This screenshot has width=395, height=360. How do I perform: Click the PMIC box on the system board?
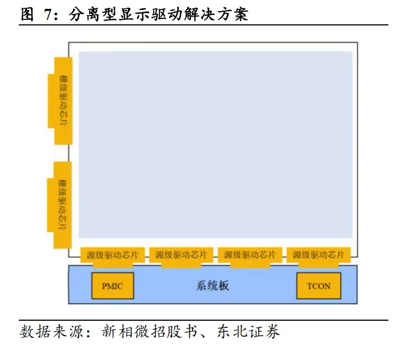[x=112, y=286]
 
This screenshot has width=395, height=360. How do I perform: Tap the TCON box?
[x=318, y=286]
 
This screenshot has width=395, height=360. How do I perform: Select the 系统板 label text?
[x=212, y=286]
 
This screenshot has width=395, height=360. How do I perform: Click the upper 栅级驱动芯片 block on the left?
[x=63, y=100]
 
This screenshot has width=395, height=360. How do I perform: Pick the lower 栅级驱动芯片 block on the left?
[x=63, y=205]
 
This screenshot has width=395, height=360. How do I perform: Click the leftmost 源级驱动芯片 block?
[x=112, y=255]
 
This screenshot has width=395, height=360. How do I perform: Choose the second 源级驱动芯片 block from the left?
[x=181, y=255]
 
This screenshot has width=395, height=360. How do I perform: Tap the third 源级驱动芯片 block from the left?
[x=250, y=255]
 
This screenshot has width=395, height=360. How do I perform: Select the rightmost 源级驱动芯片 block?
[x=318, y=255]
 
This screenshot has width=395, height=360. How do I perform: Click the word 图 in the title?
[x=28, y=15]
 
